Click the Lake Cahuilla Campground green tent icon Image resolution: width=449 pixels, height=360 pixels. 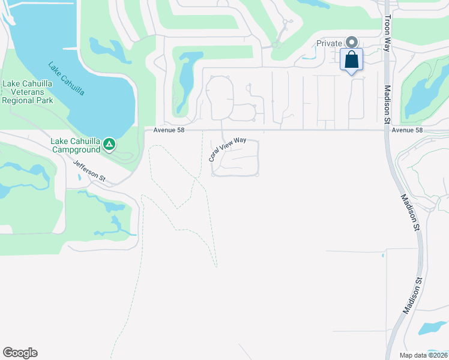coord(109,144)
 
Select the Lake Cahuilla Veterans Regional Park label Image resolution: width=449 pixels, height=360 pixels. coord(28,92)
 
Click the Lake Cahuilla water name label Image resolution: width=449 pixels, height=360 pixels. coord(66,79)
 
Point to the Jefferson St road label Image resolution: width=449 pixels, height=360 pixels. coord(89,170)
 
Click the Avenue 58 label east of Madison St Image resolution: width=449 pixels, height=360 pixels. coord(407,130)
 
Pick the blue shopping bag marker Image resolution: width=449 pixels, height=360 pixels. coord(352,60)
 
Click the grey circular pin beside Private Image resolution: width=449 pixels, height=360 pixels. coord(352,42)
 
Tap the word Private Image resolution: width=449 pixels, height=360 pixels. coord(330,43)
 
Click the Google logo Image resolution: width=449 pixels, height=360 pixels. coord(20,353)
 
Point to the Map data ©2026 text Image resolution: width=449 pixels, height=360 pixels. coord(423,355)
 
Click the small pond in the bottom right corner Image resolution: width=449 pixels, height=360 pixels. coord(433,328)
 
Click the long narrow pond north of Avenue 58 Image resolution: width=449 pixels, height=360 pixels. coord(185,78)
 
